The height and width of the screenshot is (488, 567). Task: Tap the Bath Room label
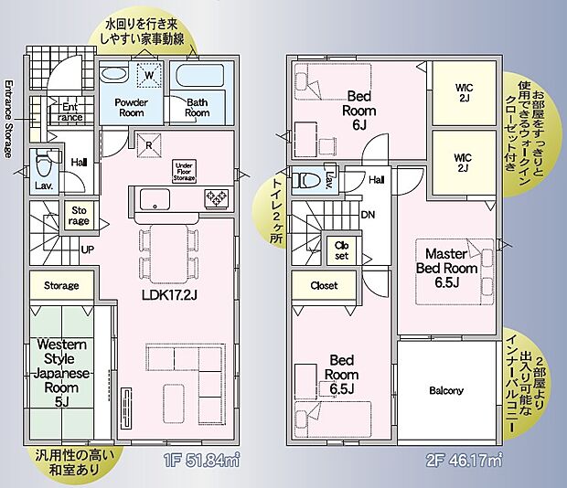pos(198,108)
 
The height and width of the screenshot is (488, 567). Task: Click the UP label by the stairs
pos(87,248)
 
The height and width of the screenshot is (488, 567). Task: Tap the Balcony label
pos(446,390)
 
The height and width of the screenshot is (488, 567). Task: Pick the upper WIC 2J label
pos(463,93)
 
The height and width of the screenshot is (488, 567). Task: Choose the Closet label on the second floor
pos(324,285)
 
